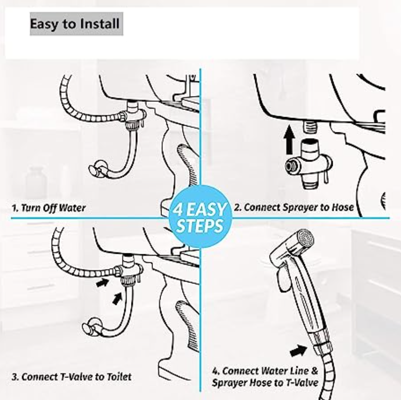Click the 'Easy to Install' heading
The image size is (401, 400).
(75, 24)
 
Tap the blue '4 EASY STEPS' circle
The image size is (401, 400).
(200, 217)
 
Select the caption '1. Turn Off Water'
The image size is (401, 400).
(49, 208)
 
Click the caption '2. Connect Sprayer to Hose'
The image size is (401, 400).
(294, 207)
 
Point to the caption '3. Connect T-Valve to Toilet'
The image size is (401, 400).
(72, 377)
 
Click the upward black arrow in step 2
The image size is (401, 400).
(289, 140)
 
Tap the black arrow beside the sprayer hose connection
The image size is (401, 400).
(298, 350)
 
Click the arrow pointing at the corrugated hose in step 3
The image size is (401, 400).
(102, 282)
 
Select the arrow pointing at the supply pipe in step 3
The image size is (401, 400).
(118, 298)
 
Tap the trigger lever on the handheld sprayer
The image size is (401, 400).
(283, 279)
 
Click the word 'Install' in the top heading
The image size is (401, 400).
(100, 23)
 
